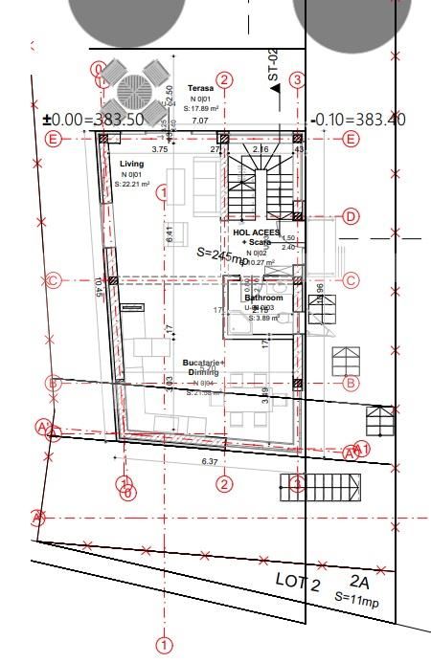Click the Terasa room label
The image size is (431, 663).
pyautogui.click(x=199, y=88)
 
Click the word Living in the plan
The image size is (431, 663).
pyautogui.click(x=131, y=165)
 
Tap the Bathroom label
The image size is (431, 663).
pyautogui.click(x=263, y=298)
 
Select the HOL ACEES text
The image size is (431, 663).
pyautogui.click(x=257, y=232)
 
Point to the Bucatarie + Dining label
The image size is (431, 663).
pyautogui.click(x=203, y=367)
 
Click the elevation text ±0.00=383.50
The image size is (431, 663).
pyautogui.click(x=93, y=120)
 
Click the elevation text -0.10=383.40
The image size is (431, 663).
pyautogui.click(x=360, y=120)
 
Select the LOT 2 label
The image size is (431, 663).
pyautogui.click(x=297, y=581)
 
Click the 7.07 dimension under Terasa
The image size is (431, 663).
pyautogui.click(x=199, y=122)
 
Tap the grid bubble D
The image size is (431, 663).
pyautogui.click(x=351, y=217)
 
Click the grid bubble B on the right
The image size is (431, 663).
pyautogui.click(x=351, y=383)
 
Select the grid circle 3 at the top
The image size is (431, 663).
pyautogui.click(x=298, y=80)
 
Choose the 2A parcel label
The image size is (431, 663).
pyautogui.click(x=358, y=581)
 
